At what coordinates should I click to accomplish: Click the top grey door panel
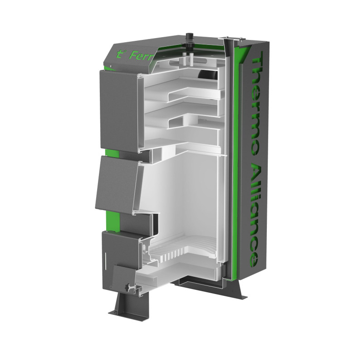(x=119, y=108)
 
